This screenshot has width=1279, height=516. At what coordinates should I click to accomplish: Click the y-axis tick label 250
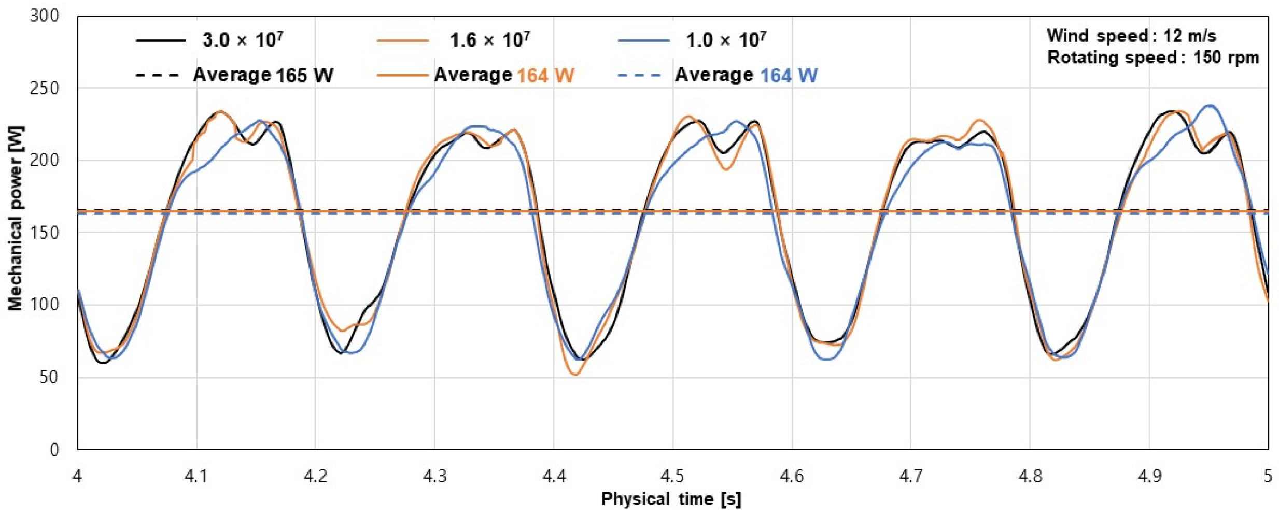(45, 89)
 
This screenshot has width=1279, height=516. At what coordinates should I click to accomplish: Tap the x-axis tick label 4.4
(554, 476)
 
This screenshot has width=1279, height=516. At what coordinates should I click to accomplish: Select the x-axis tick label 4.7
(910, 476)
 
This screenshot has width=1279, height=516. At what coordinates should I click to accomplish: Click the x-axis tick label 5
(1267, 476)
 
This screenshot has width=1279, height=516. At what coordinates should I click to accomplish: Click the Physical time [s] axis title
(671, 499)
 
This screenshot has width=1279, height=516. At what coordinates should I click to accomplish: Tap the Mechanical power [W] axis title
(15, 218)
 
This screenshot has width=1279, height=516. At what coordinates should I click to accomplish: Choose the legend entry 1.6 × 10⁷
(489, 40)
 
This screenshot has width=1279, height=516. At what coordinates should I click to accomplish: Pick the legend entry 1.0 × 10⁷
(726, 40)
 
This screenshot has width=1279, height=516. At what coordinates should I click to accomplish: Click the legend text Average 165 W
(263, 76)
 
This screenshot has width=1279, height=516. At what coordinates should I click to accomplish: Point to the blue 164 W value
(789, 76)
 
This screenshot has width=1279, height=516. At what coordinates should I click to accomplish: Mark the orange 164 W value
(545, 76)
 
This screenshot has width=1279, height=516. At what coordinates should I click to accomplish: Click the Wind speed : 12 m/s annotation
(1131, 36)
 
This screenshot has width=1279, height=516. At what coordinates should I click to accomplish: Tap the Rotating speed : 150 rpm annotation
(1152, 57)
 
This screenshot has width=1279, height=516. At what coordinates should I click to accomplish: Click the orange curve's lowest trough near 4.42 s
(575, 374)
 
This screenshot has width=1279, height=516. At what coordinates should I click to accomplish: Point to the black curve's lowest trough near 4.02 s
(103, 363)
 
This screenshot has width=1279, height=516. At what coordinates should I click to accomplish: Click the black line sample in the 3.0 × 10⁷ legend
(161, 40)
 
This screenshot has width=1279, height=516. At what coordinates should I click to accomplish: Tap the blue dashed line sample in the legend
(640, 76)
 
